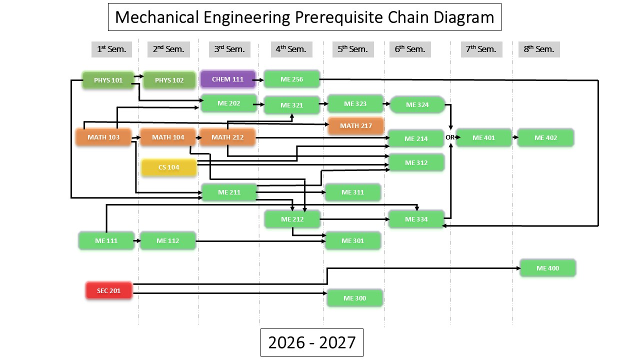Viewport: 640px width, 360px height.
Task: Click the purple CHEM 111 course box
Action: [227, 79]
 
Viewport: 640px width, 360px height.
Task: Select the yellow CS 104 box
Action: [169, 167]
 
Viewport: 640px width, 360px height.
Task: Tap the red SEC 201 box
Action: [109, 290]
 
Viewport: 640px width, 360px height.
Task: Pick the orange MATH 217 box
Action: [355, 125]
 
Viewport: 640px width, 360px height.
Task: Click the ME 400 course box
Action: [547, 268]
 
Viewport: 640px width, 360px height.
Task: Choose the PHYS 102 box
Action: [169, 80]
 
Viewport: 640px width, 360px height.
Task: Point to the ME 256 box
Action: [291, 79]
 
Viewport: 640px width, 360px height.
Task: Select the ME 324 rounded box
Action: [417, 104]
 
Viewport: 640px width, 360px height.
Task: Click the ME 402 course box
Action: [545, 137]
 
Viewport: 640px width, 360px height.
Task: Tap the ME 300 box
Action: [355, 298]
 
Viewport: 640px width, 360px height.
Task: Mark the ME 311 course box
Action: [353, 192]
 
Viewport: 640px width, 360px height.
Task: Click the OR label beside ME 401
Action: [449, 137]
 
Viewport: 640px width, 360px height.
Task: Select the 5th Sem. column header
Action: [353, 49]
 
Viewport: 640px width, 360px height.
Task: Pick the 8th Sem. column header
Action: [539, 49]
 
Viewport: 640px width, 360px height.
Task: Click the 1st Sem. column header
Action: [111, 49]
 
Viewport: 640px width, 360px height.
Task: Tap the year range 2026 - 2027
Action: [311, 342]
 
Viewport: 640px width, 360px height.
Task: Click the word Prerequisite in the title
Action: [339, 17]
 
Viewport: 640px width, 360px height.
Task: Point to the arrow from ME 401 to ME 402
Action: [515, 137]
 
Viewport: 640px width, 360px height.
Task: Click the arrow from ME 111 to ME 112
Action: [137, 241]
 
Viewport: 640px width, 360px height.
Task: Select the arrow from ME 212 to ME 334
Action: [354, 219]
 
